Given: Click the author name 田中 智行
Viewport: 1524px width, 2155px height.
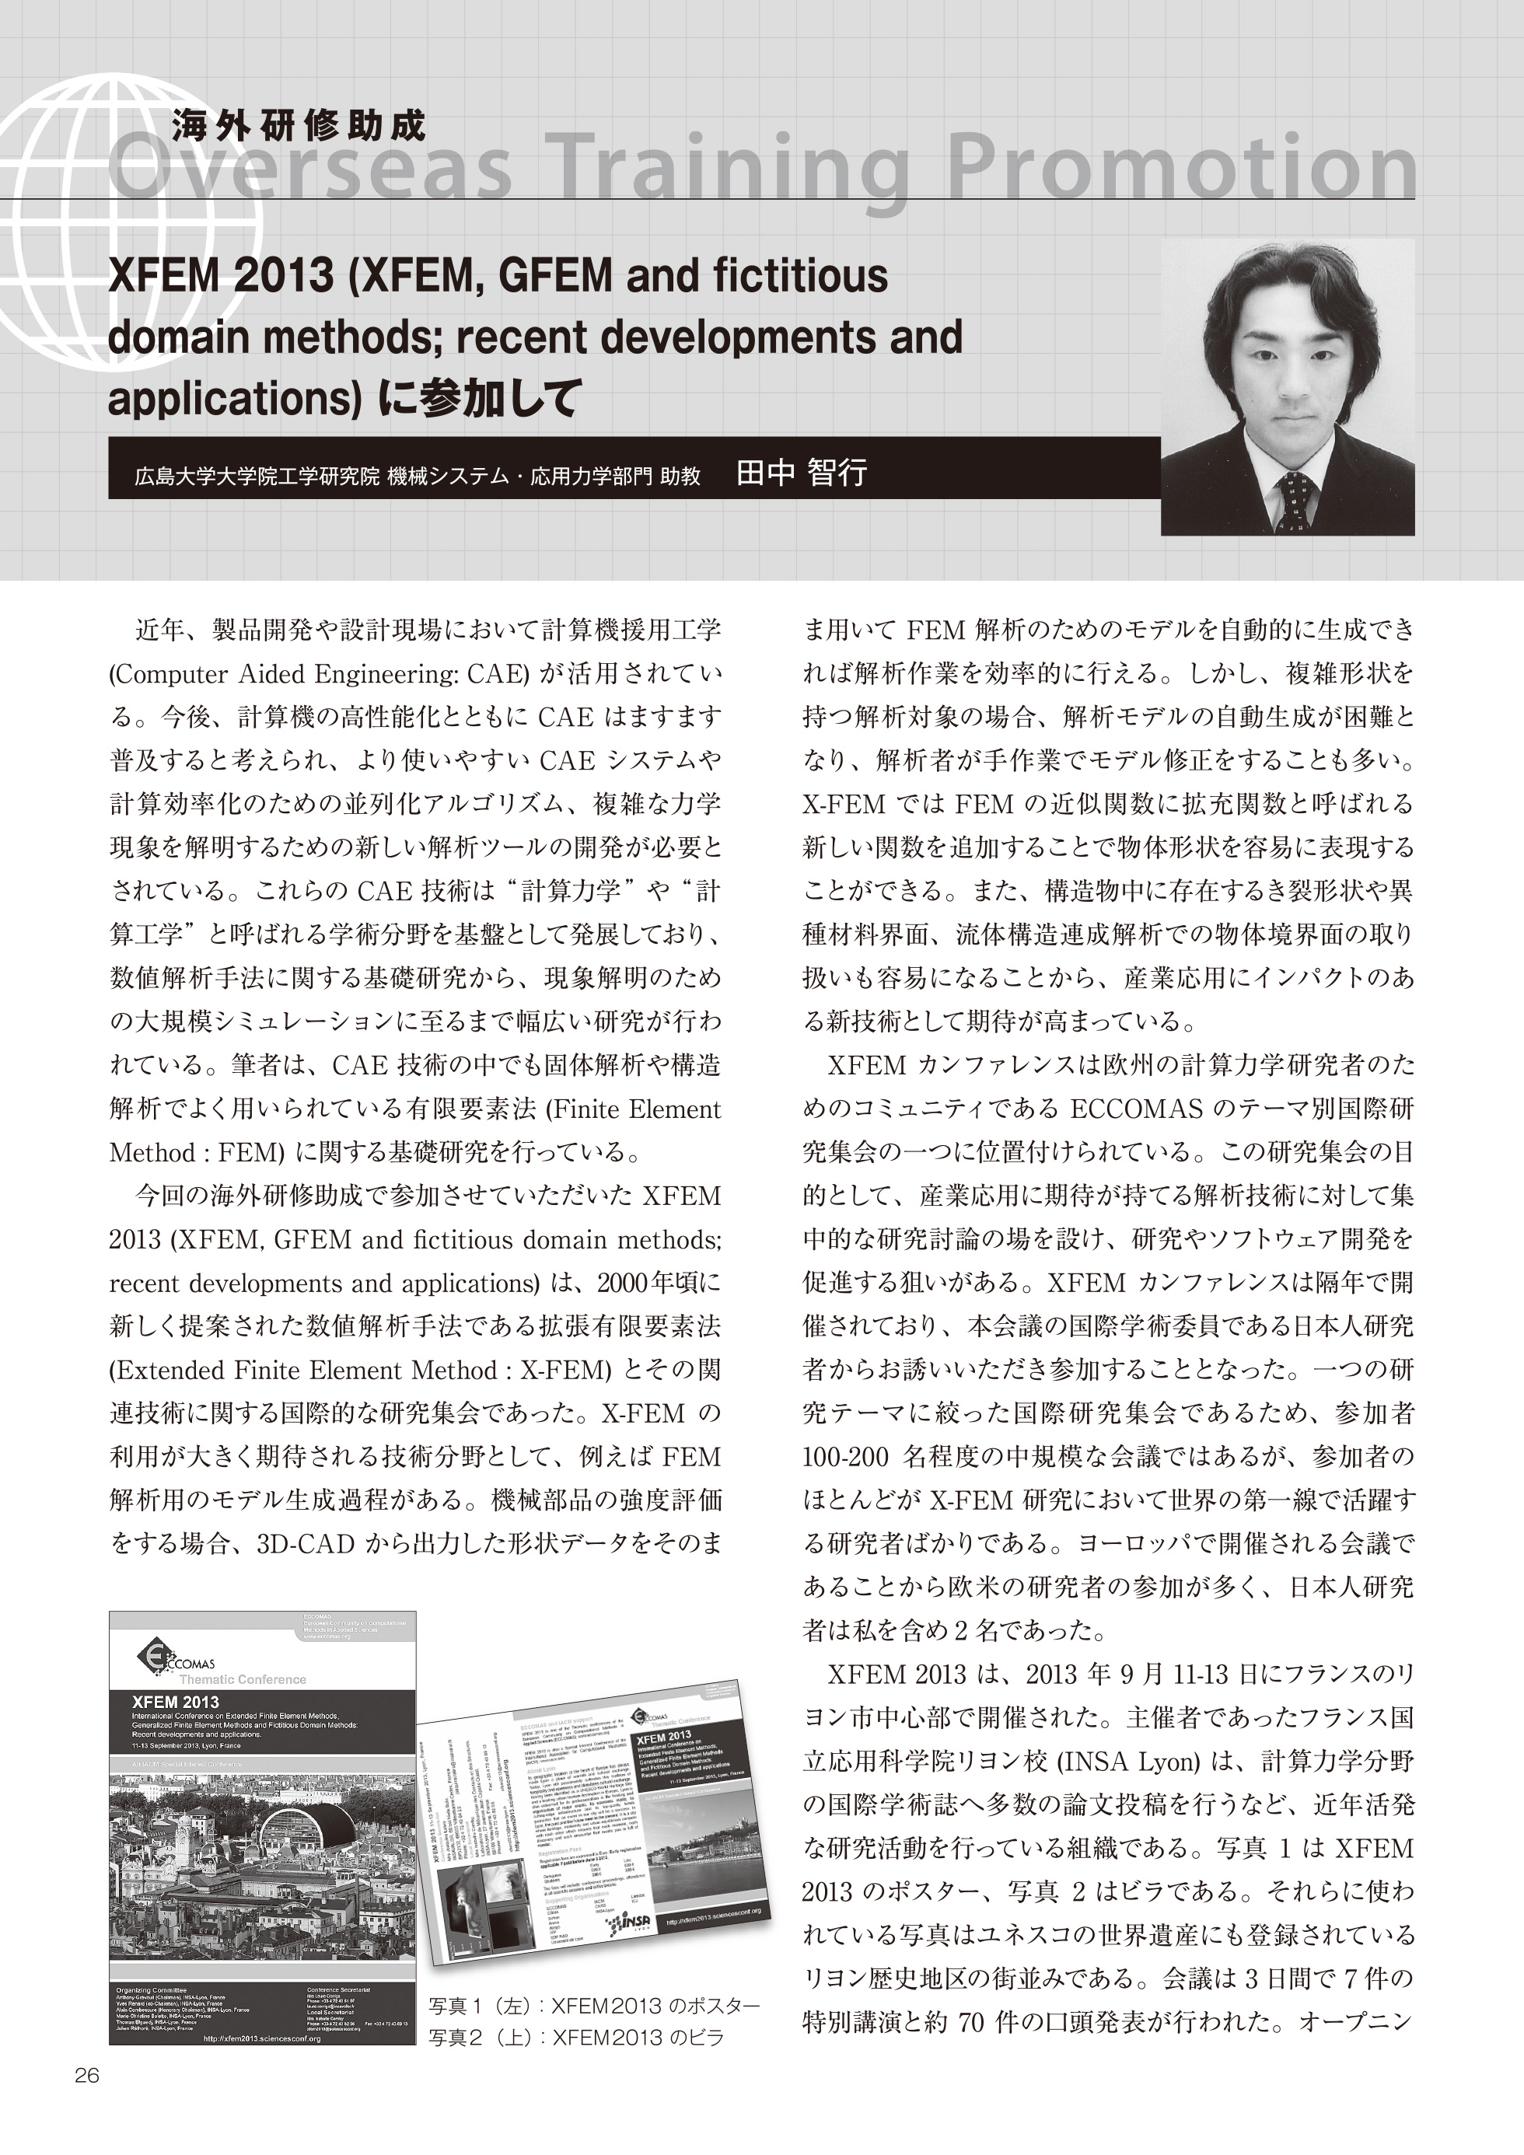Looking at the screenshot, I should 801,472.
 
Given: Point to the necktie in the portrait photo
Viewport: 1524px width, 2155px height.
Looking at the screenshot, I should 1295,498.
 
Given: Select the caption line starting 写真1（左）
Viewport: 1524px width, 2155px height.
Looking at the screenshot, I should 593,2006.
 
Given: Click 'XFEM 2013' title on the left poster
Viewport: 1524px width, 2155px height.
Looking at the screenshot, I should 176,1702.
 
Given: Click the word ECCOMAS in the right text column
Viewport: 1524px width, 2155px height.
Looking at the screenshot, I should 1136,1109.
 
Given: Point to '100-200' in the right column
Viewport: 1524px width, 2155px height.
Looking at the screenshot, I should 845,1457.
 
